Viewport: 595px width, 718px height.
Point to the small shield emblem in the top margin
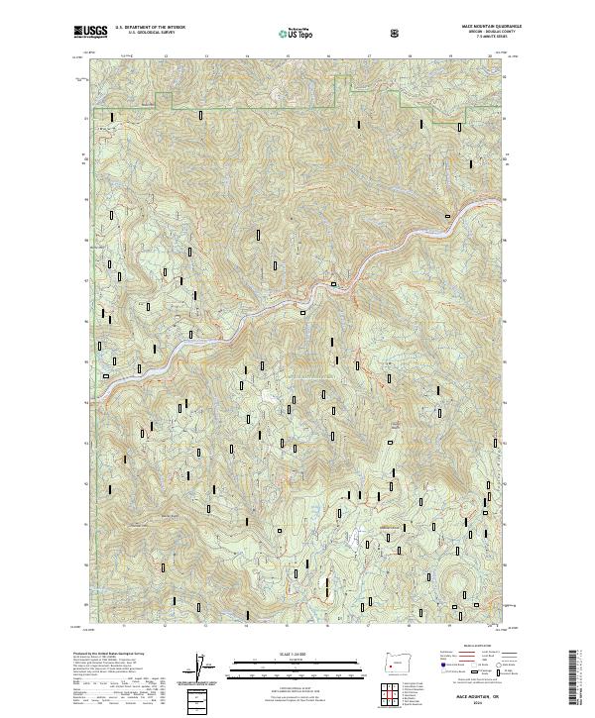[x=398, y=33]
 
